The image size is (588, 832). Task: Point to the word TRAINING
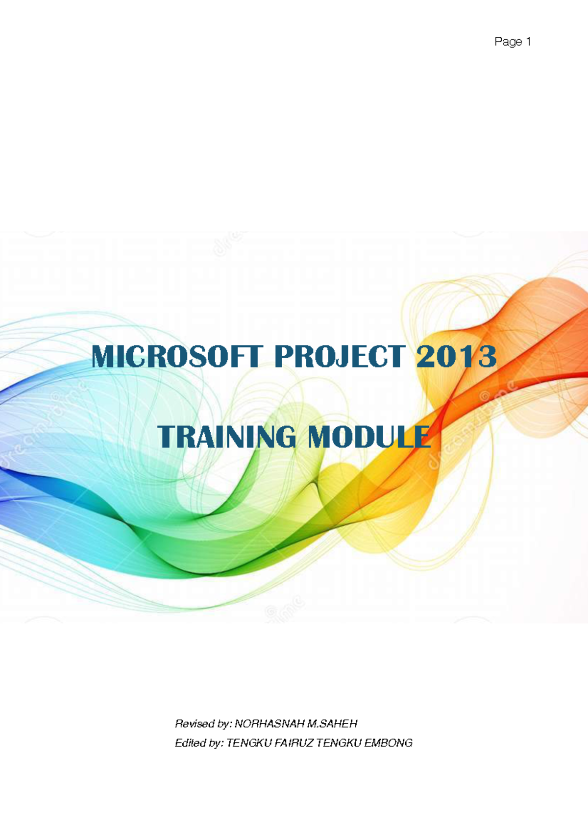coord(227,437)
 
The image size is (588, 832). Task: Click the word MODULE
coord(369,437)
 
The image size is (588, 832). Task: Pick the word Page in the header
coord(508,42)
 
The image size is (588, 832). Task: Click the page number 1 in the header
coord(528,42)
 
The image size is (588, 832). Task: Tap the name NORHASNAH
coord(269,724)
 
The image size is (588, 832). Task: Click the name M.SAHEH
coord(332,724)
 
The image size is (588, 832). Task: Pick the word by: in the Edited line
coord(216,743)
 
